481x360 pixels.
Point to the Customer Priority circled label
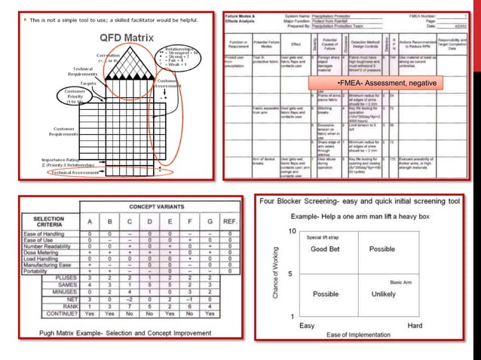(x=74, y=98)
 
